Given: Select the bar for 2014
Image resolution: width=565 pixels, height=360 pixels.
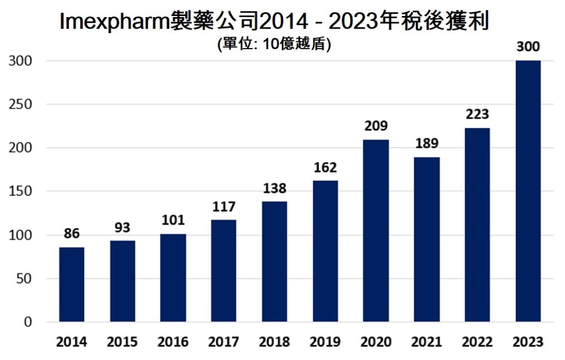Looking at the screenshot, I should (x=72, y=284).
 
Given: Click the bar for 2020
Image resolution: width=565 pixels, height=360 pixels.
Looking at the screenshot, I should (x=376, y=231).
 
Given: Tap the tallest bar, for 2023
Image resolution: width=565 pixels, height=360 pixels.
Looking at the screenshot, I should (x=528, y=191).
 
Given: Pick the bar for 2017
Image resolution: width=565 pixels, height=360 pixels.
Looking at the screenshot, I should (x=223, y=271).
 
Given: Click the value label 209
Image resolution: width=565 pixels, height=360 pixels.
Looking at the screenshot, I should (x=376, y=126).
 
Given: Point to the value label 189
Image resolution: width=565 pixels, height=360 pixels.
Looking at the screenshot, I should (x=427, y=144).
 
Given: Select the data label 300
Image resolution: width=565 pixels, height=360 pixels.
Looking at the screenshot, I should (x=528, y=46).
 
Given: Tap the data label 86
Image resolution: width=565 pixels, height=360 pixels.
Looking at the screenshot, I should (x=72, y=234).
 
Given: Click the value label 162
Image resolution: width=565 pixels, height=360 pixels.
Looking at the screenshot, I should (x=325, y=167).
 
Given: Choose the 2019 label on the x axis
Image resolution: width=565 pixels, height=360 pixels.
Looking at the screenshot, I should (x=325, y=342).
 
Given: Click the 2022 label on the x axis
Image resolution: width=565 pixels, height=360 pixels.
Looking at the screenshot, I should (x=477, y=342).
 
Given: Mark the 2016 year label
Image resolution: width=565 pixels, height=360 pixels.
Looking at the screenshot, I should (x=173, y=342).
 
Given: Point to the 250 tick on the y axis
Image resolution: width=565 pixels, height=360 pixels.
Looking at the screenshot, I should (x=20, y=104).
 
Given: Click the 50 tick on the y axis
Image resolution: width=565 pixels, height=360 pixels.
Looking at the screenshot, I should (x=23, y=279).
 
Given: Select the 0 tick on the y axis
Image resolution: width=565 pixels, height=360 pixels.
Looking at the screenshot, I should (x=26, y=322).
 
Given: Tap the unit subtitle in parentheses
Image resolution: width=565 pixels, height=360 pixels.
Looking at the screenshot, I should (x=275, y=45).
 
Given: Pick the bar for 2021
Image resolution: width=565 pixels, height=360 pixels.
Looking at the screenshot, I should (x=427, y=240).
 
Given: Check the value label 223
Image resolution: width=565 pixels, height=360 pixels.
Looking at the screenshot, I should (x=477, y=114).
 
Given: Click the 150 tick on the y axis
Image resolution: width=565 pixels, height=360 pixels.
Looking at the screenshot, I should (x=20, y=192).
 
